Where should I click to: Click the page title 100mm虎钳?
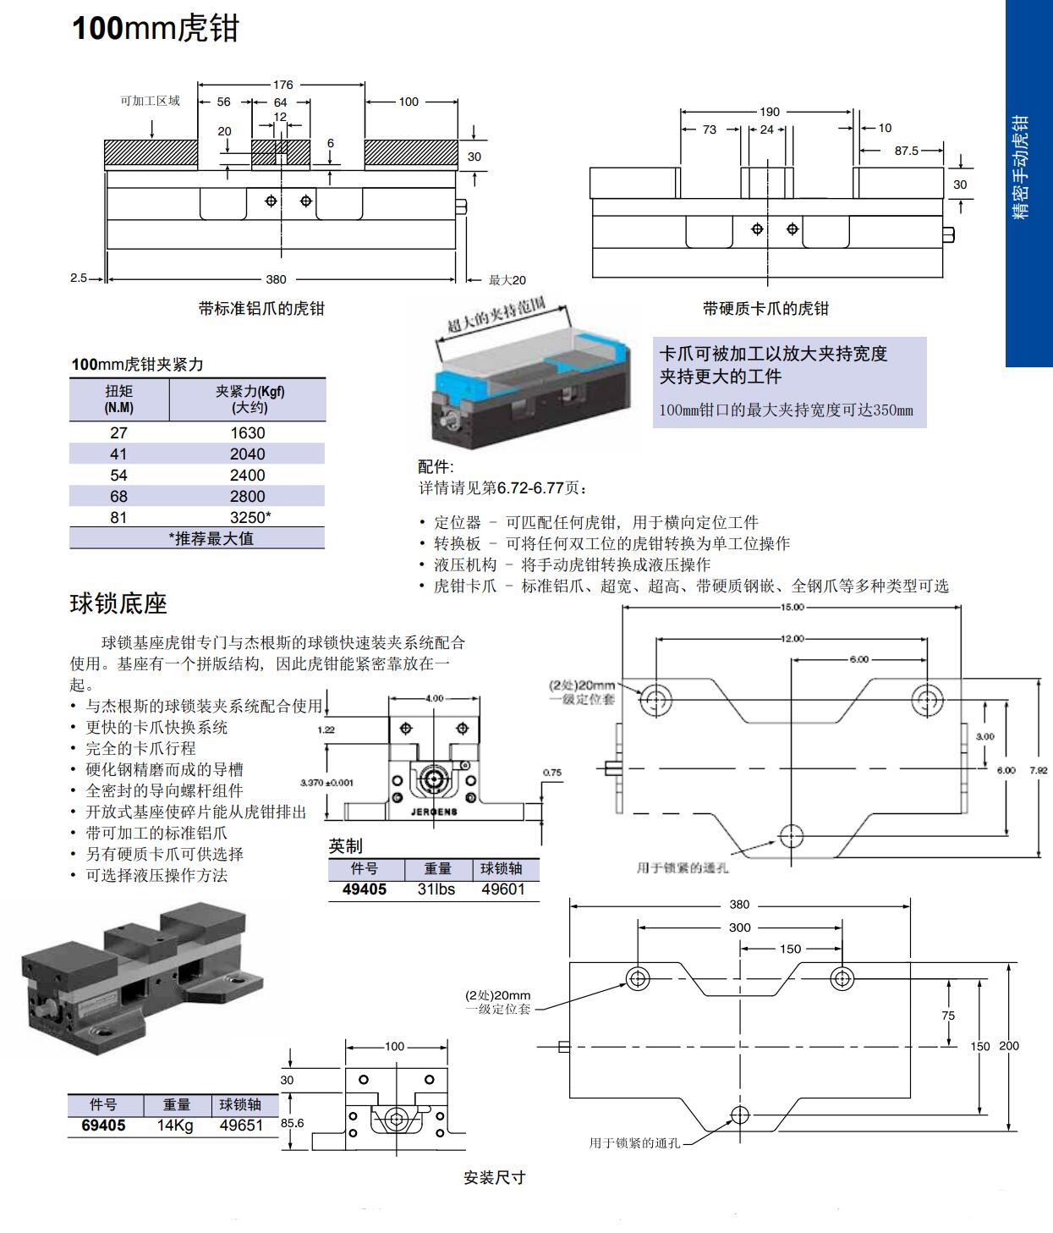(156, 29)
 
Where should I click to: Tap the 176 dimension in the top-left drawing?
(282, 85)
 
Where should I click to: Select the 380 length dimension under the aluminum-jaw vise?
(276, 279)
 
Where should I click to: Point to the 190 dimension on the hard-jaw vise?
(769, 112)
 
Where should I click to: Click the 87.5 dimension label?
(906, 151)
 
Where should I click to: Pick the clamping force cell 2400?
(247, 476)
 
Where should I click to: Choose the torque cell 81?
(118, 517)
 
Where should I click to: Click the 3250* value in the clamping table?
(250, 517)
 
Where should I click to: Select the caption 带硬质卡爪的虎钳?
(765, 309)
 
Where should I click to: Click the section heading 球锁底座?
(118, 604)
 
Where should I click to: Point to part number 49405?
(365, 889)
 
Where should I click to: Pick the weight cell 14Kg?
(175, 1126)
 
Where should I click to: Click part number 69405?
(103, 1126)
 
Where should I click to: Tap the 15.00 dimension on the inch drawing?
(792, 607)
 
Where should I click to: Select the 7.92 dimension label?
(1039, 770)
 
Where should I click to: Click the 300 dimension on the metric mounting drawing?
(739, 928)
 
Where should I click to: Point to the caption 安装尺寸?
(495, 1177)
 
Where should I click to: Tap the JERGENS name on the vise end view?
(434, 812)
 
